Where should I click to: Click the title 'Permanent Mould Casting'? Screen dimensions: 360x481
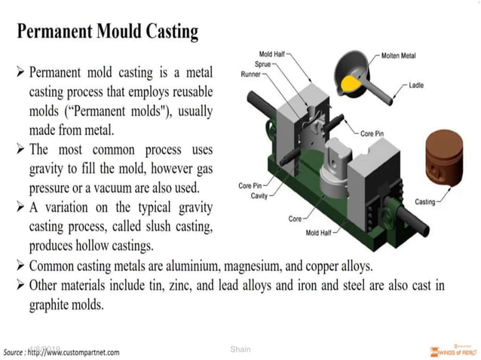(108, 32)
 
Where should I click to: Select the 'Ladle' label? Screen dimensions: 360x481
(416, 85)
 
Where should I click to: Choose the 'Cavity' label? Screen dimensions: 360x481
(258, 196)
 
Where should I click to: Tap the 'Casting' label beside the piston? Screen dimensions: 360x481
(425, 202)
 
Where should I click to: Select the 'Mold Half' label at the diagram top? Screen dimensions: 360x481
(274, 55)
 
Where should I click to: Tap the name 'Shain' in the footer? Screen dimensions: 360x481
(240, 349)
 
